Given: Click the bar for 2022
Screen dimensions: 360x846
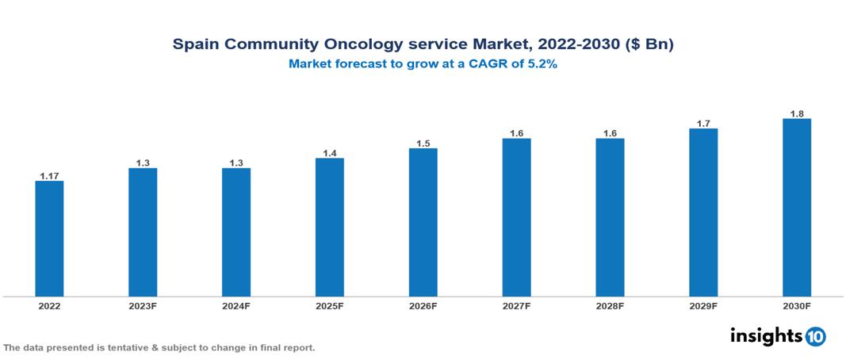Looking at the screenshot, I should (x=49, y=239).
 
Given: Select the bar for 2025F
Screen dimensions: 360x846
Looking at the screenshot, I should (x=329, y=228).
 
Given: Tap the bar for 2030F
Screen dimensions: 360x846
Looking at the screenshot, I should (x=796, y=208).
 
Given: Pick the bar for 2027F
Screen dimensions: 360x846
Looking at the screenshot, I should (x=516, y=217).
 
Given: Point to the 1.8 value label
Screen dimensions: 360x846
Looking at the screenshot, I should (x=796, y=113).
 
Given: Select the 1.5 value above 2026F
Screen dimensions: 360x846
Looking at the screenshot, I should (x=423, y=143).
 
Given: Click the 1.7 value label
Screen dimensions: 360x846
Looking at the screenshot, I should (x=703, y=123).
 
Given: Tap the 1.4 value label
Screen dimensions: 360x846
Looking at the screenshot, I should (x=329, y=152).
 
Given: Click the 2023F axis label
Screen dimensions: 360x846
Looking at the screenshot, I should (x=143, y=306).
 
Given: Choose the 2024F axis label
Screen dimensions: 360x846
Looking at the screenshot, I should (x=236, y=306).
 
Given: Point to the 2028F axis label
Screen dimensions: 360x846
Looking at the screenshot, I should (x=610, y=306).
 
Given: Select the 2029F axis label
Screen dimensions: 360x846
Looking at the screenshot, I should (x=703, y=306).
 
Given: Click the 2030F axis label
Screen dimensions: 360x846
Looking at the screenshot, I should (x=796, y=306).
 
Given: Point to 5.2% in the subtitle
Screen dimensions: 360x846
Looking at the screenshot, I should (x=540, y=65).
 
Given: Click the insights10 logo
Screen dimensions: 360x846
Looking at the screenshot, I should (x=777, y=336).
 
